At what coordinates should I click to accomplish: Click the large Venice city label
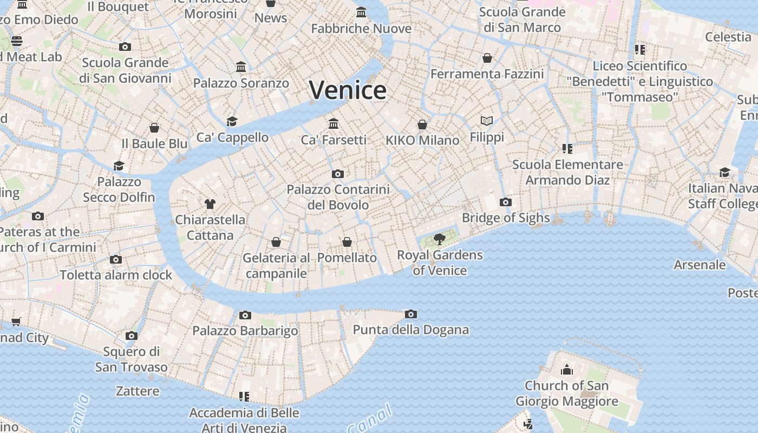coord(348,90)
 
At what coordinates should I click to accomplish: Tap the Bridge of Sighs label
coord(506,218)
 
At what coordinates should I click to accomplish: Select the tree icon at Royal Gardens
coord(440,238)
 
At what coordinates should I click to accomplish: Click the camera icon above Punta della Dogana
coord(411,314)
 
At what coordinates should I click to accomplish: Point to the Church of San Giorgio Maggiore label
coord(566,393)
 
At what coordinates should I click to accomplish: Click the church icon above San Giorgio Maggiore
coord(567,370)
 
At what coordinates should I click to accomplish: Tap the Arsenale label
coord(700,265)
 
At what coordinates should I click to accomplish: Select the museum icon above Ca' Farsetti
coord(334,123)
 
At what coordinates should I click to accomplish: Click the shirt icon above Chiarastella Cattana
coord(210,204)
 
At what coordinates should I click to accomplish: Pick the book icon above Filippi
coord(487,121)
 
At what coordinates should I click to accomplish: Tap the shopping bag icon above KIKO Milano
coord(422,124)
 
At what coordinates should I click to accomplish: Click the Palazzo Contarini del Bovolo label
coord(338,197)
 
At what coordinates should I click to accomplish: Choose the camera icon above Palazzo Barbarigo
coord(245,315)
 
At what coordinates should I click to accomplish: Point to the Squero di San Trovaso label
coord(132,359)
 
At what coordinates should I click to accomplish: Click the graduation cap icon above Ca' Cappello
coord(232,121)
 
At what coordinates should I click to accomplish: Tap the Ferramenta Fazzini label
coord(487,74)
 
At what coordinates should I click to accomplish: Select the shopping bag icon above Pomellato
coord(347,242)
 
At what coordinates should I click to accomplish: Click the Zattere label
coord(138,391)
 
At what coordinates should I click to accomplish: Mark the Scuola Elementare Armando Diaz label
coord(567,172)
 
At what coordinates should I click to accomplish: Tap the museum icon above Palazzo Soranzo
coord(241,67)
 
